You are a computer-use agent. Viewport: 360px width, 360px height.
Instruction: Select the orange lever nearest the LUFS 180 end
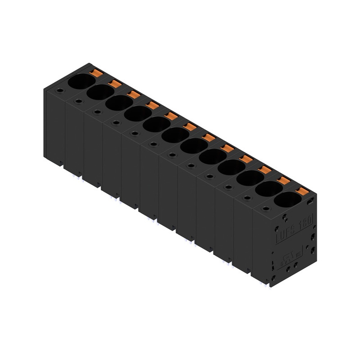coord(303,191)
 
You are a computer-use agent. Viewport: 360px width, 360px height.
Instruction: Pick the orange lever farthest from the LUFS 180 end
coord(96,73)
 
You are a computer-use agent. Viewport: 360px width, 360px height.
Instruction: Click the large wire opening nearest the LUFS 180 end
coord(287,199)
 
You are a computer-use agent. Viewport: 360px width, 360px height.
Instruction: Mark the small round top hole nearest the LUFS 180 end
coord(266,209)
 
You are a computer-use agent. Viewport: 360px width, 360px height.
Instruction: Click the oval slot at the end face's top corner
coord(310,202)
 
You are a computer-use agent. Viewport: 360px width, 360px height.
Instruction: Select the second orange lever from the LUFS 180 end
coord(284,180)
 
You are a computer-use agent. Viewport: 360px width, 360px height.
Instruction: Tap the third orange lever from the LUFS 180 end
coord(265,170)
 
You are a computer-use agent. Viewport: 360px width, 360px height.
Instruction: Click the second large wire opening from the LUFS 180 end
coord(269,189)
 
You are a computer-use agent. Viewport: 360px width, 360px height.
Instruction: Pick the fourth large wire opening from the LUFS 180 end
coord(231,167)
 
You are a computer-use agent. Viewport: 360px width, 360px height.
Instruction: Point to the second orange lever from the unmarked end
coord(115,84)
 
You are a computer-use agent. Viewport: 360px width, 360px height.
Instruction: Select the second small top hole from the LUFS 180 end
coord(247,198)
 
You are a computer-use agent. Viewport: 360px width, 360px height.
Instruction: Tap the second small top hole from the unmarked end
coord(78,101)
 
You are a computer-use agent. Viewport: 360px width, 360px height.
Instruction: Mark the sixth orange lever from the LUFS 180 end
coord(208,138)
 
